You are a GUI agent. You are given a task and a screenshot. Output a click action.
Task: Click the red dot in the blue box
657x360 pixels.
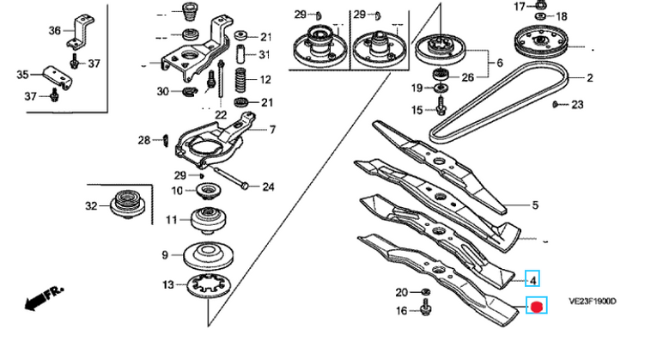[537, 306]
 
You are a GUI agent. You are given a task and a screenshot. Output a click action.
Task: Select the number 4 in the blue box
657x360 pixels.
[533, 279]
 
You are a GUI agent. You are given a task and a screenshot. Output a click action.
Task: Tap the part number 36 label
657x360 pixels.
[55, 31]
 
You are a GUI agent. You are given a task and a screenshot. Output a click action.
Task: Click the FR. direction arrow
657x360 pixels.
[44, 297]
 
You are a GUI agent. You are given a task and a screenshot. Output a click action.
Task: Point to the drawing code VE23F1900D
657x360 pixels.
[592, 302]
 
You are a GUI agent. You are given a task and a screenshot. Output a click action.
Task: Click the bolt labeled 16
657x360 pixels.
[426, 308]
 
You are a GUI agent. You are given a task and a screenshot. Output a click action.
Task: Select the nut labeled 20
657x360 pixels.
[425, 291]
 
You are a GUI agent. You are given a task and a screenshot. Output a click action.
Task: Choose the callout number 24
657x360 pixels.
[268, 186]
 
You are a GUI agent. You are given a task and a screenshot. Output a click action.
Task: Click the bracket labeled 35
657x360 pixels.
[58, 76]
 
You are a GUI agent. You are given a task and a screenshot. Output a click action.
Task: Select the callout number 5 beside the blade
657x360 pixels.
[535, 205]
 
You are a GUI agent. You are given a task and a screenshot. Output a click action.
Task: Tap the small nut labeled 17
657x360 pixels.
[540, 5]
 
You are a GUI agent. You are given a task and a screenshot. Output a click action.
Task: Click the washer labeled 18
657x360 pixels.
[540, 16]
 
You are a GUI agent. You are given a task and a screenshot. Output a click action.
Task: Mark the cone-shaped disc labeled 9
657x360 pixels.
[208, 256]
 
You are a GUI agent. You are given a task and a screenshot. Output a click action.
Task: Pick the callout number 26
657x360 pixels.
[467, 77]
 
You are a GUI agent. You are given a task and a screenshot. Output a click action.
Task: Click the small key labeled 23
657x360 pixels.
[555, 104]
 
